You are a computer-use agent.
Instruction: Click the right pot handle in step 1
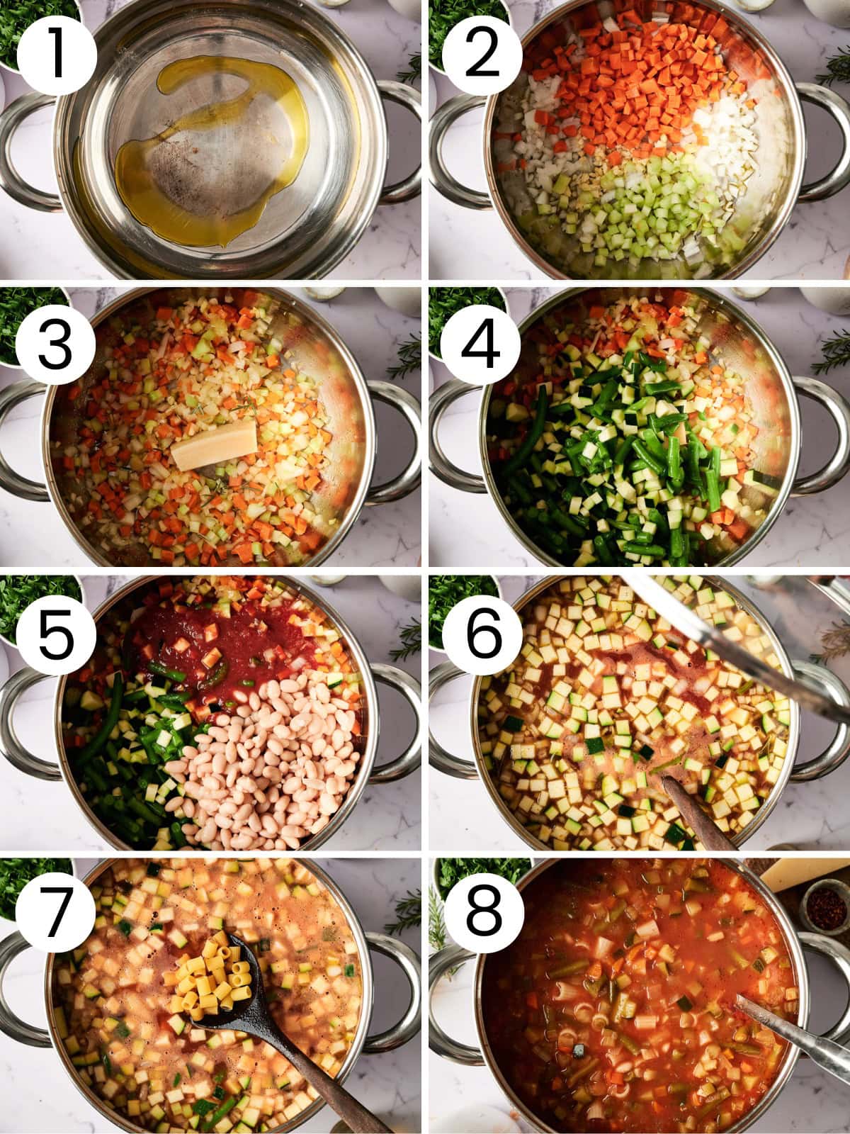pyautogui.click(x=400, y=142)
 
